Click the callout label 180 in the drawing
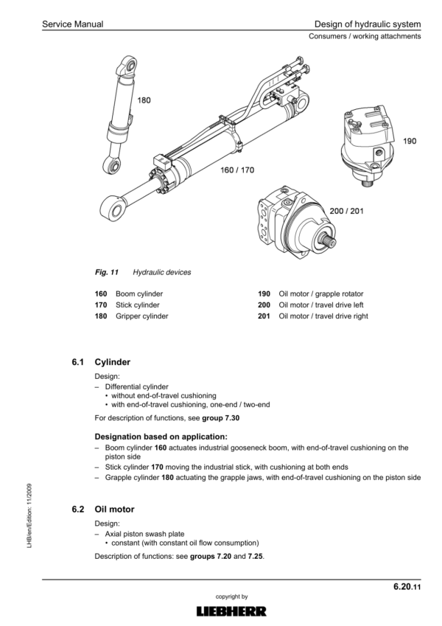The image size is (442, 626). pyautogui.click(x=145, y=101)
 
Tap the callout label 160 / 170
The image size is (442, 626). pyautogui.click(x=237, y=170)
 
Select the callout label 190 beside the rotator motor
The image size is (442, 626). pyautogui.click(x=410, y=140)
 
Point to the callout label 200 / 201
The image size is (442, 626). pyautogui.click(x=346, y=211)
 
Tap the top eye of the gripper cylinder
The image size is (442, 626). pyautogui.click(x=127, y=67)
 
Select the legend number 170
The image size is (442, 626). pyautogui.click(x=101, y=304)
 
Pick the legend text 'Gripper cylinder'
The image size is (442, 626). pyautogui.click(x=141, y=316)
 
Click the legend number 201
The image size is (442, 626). pyautogui.click(x=264, y=316)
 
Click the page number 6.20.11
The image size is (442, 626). pyautogui.click(x=406, y=587)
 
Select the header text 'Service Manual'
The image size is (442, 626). pyautogui.click(x=72, y=25)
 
